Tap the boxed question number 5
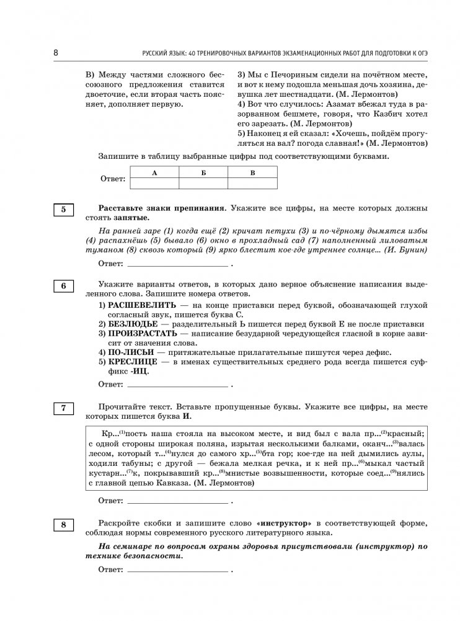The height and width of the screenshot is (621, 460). click(63, 210)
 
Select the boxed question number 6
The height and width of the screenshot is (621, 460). click(63, 285)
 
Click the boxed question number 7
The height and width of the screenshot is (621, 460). click(63, 408)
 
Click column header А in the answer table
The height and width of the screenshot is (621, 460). click(154, 173)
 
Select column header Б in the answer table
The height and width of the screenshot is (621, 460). click(203, 173)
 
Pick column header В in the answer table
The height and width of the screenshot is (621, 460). click(252, 173)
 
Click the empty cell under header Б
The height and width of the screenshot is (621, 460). click(203, 183)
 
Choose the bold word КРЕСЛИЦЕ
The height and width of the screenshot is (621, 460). click(128, 362)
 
